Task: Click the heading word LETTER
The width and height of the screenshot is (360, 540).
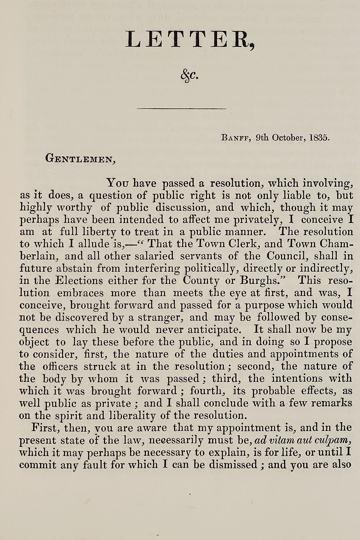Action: pyautogui.click(x=189, y=40)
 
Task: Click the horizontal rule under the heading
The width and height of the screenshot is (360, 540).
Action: pyautogui.click(x=181, y=109)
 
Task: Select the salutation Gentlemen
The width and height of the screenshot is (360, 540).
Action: pyautogui.click(x=80, y=158)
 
